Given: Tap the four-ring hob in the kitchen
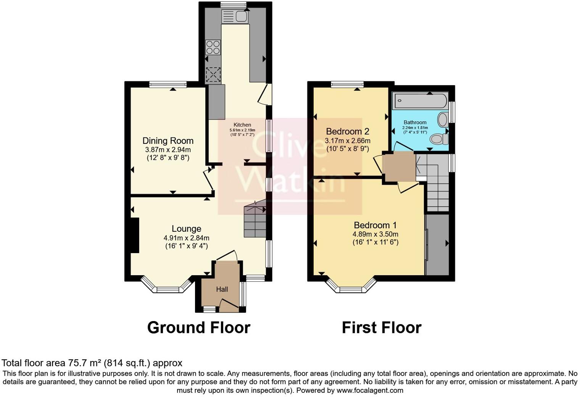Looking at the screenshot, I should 213,47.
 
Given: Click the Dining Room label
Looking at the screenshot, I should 168,141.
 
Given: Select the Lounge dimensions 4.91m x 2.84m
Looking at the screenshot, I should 186,238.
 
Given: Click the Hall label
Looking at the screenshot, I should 222,289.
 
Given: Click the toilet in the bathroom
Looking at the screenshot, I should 439,139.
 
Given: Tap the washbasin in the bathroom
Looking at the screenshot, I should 443,119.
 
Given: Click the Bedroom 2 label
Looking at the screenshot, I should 347,131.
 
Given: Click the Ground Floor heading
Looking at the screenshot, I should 198,328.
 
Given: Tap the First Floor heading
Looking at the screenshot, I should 382,328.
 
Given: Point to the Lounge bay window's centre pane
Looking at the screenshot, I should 170,290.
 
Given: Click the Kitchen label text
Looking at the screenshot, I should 242,125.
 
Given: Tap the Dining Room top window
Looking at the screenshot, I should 168,85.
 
